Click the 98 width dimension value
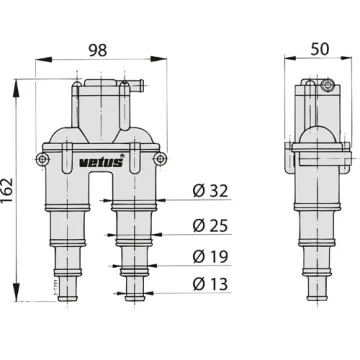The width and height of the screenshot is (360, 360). [98, 50]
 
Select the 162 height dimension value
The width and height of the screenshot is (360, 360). [7, 191]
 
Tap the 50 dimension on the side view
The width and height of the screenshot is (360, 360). [320, 49]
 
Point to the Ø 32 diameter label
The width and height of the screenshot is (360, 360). [210, 191]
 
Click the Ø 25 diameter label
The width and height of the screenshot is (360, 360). [210, 226]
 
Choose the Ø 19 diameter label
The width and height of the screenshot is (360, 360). [210, 257]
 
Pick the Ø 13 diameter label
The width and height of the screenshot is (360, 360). [210, 284]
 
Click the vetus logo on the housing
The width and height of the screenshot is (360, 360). [101, 162]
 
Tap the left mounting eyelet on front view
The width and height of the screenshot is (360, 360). [42, 159]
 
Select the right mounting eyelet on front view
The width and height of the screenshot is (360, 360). [161, 159]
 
